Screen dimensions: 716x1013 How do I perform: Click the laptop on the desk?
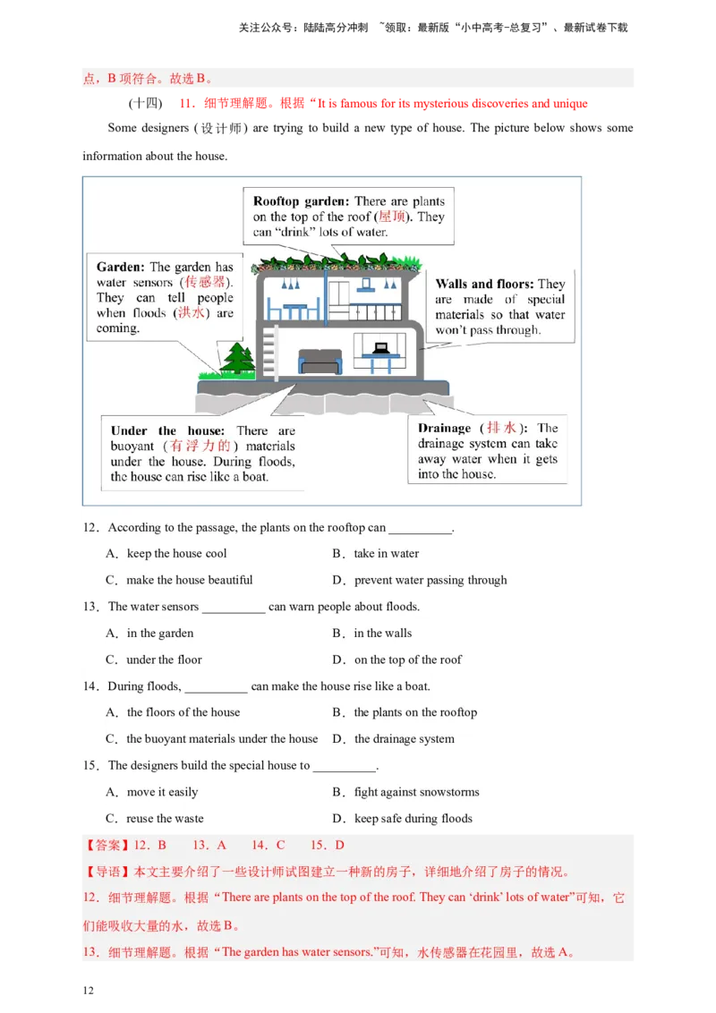pyautogui.click(x=380, y=348)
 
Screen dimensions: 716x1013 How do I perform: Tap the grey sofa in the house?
pyautogui.click(x=320, y=362)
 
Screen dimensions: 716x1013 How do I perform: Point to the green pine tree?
pyautogui.click(x=237, y=358)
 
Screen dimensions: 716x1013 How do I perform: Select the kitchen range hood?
pyautogui.click(x=366, y=285)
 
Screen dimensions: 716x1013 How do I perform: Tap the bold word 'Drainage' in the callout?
pyautogui.click(x=444, y=428)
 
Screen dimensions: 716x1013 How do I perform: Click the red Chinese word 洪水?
pyautogui.click(x=192, y=312)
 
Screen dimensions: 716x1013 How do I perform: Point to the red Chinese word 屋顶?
pyautogui.click(x=392, y=217)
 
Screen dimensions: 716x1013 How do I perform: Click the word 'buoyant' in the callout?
pyautogui.click(x=132, y=446)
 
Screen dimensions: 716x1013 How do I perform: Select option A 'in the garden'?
pyautogui.click(x=149, y=634)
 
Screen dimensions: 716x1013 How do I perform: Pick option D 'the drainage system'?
pyautogui.click(x=393, y=738)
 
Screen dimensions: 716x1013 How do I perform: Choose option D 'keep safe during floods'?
pyautogui.click(x=402, y=819)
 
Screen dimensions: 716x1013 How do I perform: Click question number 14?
pyautogui.click(x=90, y=686)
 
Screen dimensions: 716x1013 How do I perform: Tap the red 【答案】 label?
pyautogui.click(x=108, y=845)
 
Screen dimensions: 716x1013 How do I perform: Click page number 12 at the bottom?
pyautogui.click(x=88, y=991)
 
